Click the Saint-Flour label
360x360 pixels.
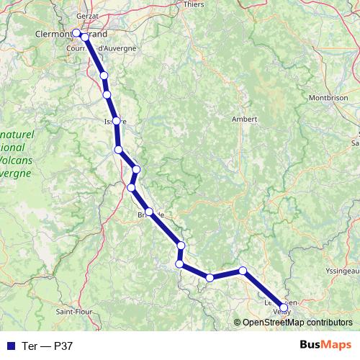coord(73,311)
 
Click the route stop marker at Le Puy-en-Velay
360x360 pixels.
coord(283,308)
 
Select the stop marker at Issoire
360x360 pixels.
coord(116,121)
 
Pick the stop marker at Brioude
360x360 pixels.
coord(149,212)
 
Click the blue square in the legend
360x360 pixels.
coord(9,346)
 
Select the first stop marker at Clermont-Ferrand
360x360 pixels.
coord(76,32)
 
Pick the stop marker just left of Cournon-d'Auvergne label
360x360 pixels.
coord(85,37)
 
